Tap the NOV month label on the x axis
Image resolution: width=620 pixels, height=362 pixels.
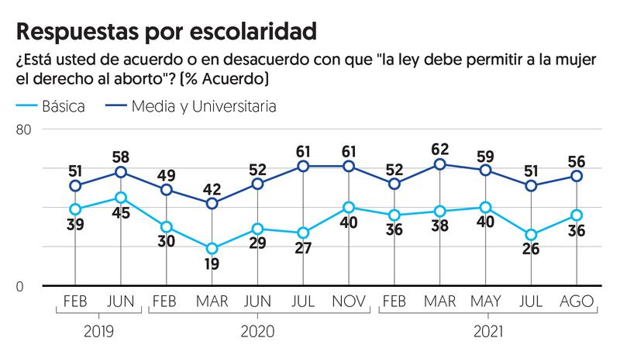[349, 300]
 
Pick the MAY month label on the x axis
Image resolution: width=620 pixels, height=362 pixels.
[486, 300]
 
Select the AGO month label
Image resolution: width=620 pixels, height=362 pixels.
[577, 300]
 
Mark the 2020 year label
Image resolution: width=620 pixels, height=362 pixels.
[258, 332]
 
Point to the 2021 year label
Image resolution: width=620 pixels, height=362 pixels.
[486, 332]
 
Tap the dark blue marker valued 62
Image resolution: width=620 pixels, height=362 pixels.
[440, 164]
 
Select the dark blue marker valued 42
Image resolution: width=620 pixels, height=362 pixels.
[212, 203]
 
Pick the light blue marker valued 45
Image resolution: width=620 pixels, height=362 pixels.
[121, 198]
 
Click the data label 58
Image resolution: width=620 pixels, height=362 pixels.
[121, 155]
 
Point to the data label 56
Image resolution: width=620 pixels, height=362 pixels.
[577, 160]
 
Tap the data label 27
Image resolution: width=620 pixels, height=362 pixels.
[304, 251]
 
